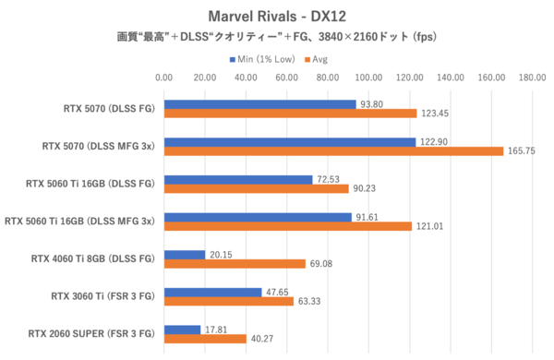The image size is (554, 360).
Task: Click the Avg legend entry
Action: (x=319, y=59)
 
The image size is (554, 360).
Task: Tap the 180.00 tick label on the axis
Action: (x=532, y=78)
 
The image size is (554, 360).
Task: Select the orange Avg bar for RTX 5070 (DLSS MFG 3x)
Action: (x=333, y=150)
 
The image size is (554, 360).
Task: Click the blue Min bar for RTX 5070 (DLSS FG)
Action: (x=259, y=104)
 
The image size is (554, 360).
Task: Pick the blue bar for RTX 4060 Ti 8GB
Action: (x=184, y=255)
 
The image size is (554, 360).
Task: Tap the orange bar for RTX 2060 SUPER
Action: (x=204, y=339)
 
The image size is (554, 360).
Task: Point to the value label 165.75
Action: (x=521, y=150)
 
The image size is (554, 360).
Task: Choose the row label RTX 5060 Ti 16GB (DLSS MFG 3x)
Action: (x=82, y=222)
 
